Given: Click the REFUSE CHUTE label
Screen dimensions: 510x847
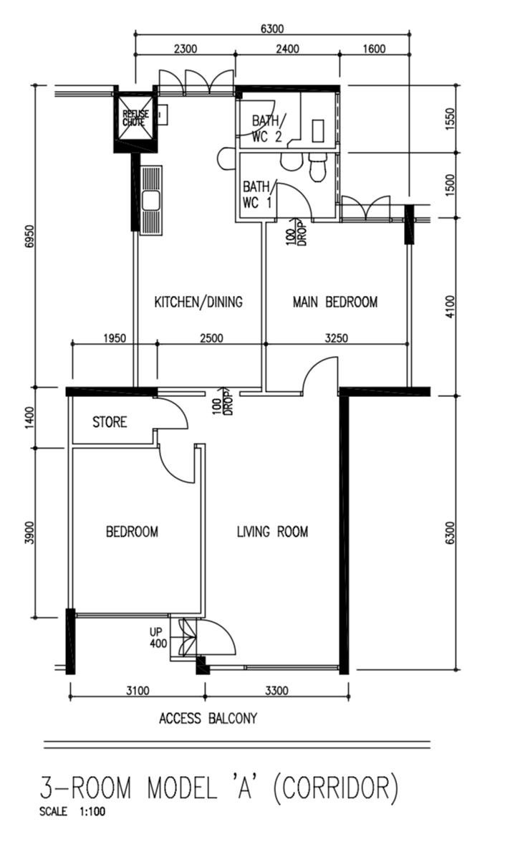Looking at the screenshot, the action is click(135, 118).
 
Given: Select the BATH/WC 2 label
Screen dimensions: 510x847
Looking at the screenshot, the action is click(266, 128).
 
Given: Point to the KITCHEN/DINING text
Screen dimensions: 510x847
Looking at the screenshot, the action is click(198, 302).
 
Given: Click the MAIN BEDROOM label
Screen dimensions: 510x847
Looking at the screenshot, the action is click(335, 302).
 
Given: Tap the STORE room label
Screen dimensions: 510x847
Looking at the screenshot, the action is click(110, 422).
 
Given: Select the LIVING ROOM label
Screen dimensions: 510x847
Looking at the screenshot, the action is click(272, 532).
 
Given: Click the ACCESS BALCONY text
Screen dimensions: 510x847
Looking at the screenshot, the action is click(208, 719).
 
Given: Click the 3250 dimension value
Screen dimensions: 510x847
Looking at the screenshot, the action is click(336, 339).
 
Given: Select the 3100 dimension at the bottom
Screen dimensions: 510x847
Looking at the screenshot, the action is click(138, 690).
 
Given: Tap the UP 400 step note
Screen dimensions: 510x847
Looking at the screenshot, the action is click(158, 638).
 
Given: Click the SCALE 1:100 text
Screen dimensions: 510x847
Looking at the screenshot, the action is click(73, 810).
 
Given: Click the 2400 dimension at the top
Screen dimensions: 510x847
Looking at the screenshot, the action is click(287, 49).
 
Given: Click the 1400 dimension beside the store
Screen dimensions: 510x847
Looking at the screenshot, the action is click(29, 417).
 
